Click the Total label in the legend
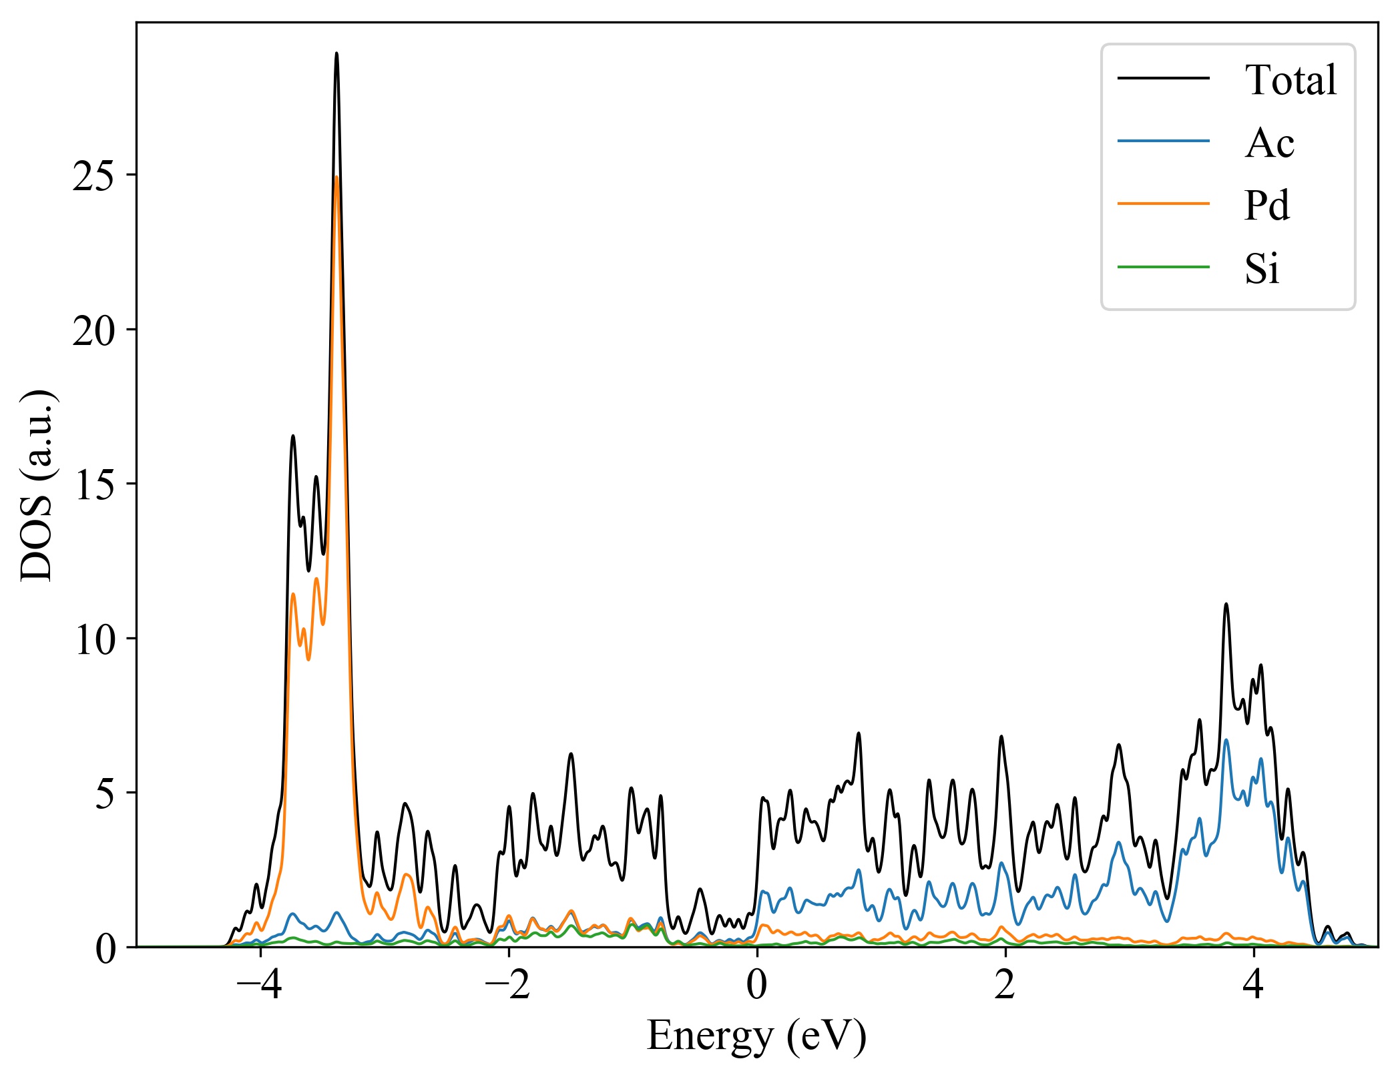[1290, 80]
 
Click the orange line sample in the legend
[1163, 203]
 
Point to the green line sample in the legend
[1163, 267]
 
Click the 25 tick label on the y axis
[93, 176]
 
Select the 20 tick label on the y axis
[93, 330]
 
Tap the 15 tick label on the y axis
[93, 485]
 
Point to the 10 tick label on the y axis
[93, 639]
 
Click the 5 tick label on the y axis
[105, 793]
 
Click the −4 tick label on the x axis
[260, 985]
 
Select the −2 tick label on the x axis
[508, 985]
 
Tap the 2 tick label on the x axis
[1005, 985]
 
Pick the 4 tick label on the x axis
[1253, 985]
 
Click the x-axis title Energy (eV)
[756, 1036]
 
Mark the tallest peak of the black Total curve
[336, 53]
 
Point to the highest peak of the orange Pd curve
[336, 177]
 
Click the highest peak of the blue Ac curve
[1226, 740]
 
